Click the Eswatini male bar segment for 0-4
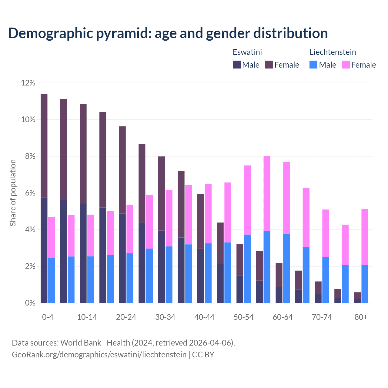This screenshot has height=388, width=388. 44,250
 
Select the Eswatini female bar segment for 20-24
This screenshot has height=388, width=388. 122,170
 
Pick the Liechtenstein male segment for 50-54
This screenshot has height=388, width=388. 247,269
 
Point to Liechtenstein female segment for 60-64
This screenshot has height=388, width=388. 286,198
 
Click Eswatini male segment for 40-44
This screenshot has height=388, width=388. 201,276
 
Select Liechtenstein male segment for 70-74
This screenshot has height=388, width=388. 326,280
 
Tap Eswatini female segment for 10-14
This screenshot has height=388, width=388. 83,153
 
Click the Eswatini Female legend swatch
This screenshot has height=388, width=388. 269,65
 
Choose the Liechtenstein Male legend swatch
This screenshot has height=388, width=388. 313,65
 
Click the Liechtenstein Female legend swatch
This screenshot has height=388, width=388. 346,65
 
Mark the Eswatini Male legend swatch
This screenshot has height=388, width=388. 237,65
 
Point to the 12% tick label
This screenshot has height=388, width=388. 28,83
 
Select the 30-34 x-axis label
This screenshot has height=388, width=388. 165,317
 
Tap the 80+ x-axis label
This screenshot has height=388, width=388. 361,317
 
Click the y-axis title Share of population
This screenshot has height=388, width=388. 13,193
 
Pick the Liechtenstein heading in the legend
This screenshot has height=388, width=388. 333,52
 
